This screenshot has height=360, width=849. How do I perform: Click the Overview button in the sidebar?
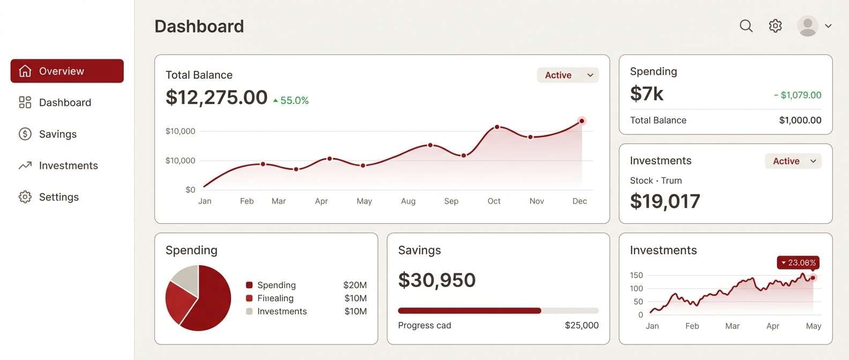pyautogui.click(x=67, y=71)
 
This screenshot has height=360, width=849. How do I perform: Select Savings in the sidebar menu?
pyautogui.click(x=57, y=134)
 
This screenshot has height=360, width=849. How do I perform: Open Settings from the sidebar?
pyautogui.click(x=58, y=197)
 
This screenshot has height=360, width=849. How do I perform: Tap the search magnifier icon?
pyautogui.click(x=746, y=26)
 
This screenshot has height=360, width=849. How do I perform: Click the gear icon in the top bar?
pyautogui.click(x=775, y=26)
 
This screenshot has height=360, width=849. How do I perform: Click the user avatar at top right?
pyautogui.click(x=808, y=26)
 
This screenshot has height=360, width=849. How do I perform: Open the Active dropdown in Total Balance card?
pyautogui.click(x=568, y=75)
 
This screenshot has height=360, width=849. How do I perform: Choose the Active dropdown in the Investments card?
pyautogui.click(x=793, y=161)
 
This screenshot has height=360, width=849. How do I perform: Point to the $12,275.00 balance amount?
pyautogui.click(x=217, y=97)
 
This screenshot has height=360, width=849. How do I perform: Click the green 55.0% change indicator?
pyautogui.click(x=292, y=101)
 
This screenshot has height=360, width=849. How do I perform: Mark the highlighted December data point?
pyautogui.click(x=582, y=121)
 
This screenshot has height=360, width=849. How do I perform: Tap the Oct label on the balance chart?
pyautogui.click(x=494, y=201)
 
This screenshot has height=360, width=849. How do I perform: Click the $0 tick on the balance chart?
pyautogui.click(x=190, y=190)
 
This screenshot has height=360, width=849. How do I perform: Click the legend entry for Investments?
pyautogui.click(x=281, y=311)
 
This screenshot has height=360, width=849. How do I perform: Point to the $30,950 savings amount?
pyautogui.click(x=437, y=280)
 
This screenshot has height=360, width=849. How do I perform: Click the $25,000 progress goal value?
pyautogui.click(x=582, y=325)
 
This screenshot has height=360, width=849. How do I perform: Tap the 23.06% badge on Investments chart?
pyautogui.click(x=798, y=262)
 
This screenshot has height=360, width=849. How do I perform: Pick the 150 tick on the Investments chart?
pyautogui.click(x=636, y=275)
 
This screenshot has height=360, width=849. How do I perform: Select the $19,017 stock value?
pyautogui.click(x=665, y=201)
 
